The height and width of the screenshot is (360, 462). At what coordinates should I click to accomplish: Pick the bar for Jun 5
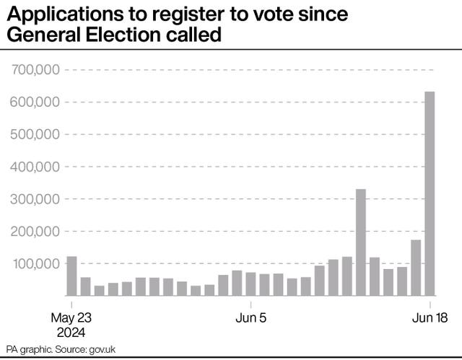point(250,284)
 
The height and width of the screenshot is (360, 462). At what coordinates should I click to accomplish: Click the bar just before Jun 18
point(416,267)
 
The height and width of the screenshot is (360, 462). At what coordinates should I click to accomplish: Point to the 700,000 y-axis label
point(35,70)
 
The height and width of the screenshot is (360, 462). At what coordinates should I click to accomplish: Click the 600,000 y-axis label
point(35,102)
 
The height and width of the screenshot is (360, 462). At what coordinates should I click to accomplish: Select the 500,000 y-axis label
point(35,135)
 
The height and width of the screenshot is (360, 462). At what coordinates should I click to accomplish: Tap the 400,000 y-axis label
point(35,167)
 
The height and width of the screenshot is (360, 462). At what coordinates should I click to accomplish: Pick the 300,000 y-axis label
point(35,199)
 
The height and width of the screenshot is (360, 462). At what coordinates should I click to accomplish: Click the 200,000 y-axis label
point(35,232)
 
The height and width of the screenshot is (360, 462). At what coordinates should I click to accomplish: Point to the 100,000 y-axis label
point(35,264)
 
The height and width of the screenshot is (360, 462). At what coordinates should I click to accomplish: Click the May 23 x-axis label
point(72,318)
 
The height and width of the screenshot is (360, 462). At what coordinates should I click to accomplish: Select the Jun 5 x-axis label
point(250,318)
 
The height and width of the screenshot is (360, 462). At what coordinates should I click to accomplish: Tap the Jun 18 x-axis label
point(430,318)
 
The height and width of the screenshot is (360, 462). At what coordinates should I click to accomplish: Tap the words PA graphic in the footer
point(28,350)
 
